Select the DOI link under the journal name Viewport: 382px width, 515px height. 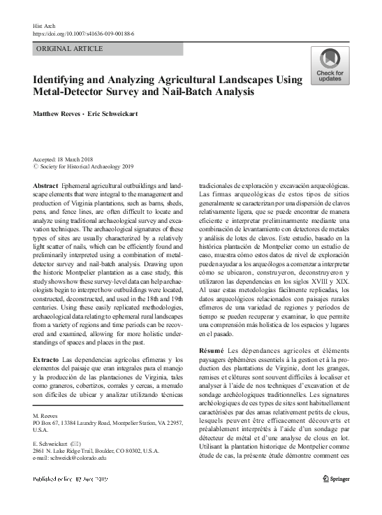click(x=84, y=33)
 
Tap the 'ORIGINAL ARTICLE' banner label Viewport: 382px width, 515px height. click(x=69, y=49)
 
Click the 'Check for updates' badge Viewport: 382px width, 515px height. click(x=329, y=66)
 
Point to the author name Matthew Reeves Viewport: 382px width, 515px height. click(x=56, y=114)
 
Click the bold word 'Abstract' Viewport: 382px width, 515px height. click(x=45, y=185)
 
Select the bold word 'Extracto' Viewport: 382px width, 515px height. click(x=46, y=359)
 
